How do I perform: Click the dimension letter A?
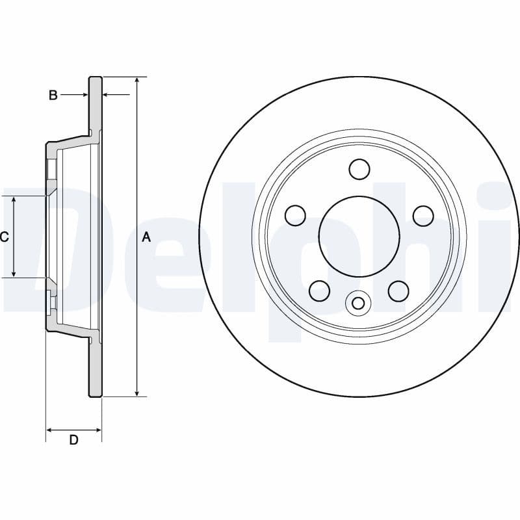coord(146,237)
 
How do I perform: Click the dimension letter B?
coord(53,96)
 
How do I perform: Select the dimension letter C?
coord(5,237)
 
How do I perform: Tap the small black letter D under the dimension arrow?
coord(73,441)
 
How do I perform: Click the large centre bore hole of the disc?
coord(359,235)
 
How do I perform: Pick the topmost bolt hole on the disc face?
coord(359,169)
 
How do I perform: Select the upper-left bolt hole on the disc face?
coord(296,214)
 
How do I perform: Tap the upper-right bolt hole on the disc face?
coord(423,214)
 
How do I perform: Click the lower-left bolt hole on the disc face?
coord(320,289)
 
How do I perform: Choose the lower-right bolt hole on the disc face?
coord(398,289)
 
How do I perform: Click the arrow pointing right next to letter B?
coord(84,96)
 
